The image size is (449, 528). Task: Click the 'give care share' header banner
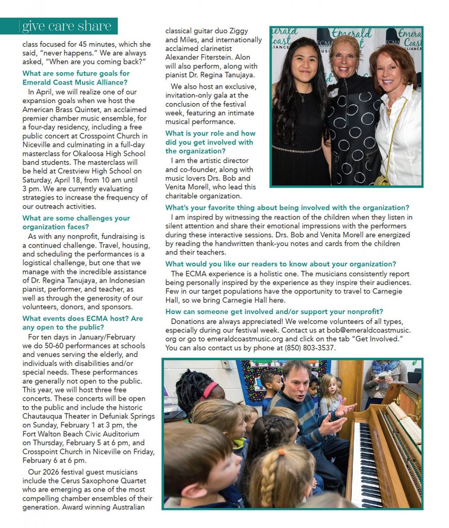(67, 26)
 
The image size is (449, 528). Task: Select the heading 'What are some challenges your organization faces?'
(76, 222)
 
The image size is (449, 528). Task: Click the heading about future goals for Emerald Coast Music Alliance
(76, 77)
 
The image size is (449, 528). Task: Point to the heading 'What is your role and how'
(210, 133)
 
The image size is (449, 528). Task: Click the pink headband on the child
(210, 389)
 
